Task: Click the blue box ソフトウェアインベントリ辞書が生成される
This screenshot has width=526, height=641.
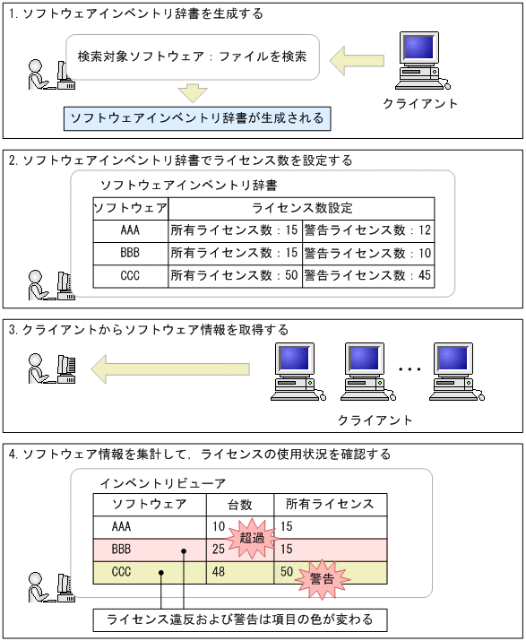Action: [197, 117]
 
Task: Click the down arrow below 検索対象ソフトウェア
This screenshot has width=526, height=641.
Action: [192, 91]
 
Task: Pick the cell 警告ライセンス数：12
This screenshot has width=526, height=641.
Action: [367, 230]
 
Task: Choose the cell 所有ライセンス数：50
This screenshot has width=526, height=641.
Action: [234, 275]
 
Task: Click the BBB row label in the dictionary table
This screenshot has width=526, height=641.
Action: [129, 253]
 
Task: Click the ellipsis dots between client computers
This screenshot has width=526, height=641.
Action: [409, 368]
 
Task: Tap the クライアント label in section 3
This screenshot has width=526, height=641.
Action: [375, 420]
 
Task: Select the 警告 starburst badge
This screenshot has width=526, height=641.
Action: [321, 578]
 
